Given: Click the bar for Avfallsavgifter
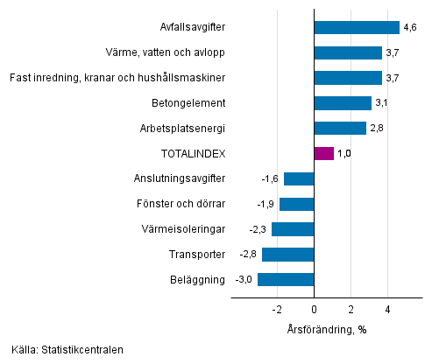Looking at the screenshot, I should pyautogui.click(x=356, y=27).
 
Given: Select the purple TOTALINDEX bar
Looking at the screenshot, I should pyautogui.click(x=323, y=153).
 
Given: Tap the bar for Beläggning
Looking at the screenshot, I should pyautogui.click(x=286, y=280).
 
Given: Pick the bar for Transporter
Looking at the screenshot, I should pyautogui.click(x=287, y=255).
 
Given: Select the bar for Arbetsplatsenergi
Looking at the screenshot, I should pyautogui.click(x=339, y=129).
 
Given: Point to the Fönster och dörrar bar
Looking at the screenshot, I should pyautogui.click(x=296, y=204).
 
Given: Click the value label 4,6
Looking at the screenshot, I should pyautogui.click(x=410, y=28).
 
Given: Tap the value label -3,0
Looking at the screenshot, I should pyautogui.click(x=244, y=280).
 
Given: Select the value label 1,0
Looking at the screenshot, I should pyautogui.click(x=346, y=154).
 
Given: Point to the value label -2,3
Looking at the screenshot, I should pyautogui.click(x=258, y=229).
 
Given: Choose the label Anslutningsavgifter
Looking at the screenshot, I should pyautogui.click(x=180, y=178).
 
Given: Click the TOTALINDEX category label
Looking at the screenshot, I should pyautogui.click(x=194, y=154).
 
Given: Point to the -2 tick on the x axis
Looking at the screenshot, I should pyautogui.click(x=276, y=309).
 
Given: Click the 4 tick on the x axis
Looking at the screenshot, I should pyautogui.click(x=387, y=309).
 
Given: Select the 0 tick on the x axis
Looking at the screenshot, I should pyautogui.click(x=314, y=309).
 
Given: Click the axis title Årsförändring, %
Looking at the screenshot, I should pyautogui.click(x=326, y=329).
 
